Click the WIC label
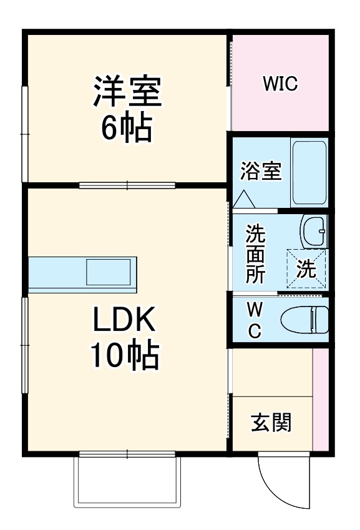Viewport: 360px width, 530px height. tap(280, 84)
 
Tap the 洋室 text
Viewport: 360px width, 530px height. tap(128, 91)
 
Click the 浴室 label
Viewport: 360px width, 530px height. tap(261, 170)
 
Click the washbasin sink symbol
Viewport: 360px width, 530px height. tap(314, 232)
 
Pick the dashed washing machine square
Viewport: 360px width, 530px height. tap(306, 269)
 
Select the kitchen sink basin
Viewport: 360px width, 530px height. tap(109, 273)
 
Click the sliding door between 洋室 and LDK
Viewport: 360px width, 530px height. tap(127, 185)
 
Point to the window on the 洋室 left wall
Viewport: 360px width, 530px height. tap(25, 134)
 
